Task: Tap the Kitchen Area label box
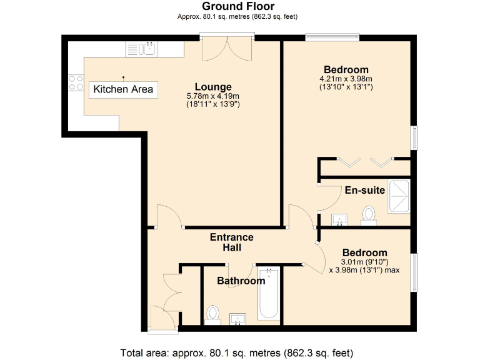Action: click(x=123, y=89)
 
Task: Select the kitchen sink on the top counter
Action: click(x=150, y=48)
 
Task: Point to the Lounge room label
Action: click(x=213, y=87)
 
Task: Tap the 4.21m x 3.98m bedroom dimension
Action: click(x=346, y=79)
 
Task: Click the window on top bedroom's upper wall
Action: click(x=332, y=37)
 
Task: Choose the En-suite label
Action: click(x=364, y=190)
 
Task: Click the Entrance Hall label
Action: click(x=231, y=242)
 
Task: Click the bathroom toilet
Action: click(x=213, y=314)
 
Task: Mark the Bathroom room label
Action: click(x=241, y=281)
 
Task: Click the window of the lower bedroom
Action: click(x=414, y=272)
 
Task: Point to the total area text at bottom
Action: click(x=240, y=351)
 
